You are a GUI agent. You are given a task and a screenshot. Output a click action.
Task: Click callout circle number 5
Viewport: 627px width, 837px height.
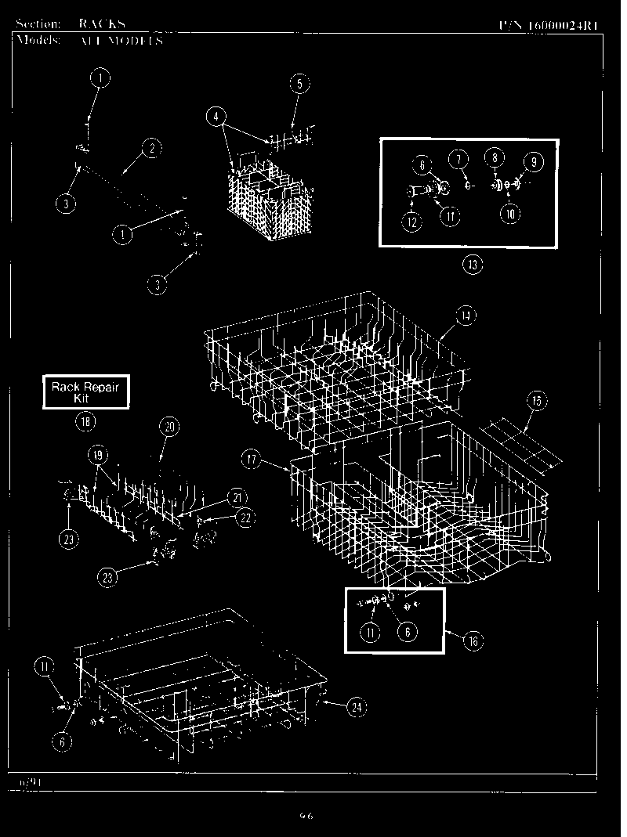[x=299, y=84]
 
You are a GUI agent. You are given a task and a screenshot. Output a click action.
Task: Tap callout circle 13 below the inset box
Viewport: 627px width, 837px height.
[x=472, y=265]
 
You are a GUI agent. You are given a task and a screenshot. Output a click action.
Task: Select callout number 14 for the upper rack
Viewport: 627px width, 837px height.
[x=465, y=316]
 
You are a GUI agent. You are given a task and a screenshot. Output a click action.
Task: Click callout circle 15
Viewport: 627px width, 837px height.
[x=535, y=402]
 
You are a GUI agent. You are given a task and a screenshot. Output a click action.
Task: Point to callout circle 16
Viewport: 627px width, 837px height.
[x=472, y=641]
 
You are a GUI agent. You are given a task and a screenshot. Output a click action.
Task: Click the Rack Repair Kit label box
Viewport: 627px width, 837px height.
[x=85, y=391]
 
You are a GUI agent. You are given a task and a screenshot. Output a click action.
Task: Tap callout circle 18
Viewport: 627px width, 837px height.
[x=85, y=422]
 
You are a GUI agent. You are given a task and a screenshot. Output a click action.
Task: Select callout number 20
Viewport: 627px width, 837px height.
[x=169, y=427]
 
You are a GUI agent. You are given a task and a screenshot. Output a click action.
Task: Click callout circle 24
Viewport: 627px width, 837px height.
[x=357, y=707]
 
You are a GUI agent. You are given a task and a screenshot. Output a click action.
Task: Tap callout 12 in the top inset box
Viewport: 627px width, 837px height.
[x=413, y=221]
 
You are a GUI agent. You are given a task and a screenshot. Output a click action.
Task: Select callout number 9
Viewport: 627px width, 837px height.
[x=532, y=163]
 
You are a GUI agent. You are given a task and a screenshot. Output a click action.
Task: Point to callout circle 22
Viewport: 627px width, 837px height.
[x=245, y=518]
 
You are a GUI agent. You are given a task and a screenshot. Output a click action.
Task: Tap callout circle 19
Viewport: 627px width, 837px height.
[x=96, y=454]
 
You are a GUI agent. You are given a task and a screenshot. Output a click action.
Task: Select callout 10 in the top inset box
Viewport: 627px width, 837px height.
[x=510, y=213]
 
